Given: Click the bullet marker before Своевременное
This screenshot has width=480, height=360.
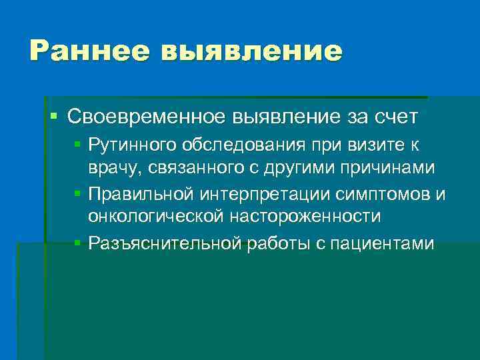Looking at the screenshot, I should pos(55,117).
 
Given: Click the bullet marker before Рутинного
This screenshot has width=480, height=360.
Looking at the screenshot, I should pos(78,143).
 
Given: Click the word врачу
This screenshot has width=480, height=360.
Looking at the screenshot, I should pos(111,168).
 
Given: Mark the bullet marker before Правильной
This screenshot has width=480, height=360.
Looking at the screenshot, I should pos(78,193).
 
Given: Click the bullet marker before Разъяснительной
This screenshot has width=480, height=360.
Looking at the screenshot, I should pos(78,243).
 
